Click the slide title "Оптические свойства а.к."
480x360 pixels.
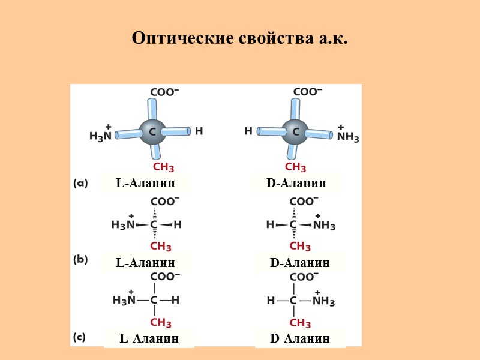pos(239,38)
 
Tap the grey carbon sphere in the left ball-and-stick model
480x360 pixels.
pos(152,131)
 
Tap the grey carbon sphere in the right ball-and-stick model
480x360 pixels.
pos(295,131)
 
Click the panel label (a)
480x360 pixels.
pos(80,184)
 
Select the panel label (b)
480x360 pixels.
pos(80,260)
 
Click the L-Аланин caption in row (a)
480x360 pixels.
pos(145,183)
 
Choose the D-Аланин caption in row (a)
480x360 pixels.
pos(296,183)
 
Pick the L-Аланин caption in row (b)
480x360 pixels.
pos(145,263)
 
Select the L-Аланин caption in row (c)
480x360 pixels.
pos(149,338)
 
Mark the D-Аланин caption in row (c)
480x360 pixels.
pos(300,338)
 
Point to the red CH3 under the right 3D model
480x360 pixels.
pos(295,167)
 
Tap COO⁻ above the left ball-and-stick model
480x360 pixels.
pos(164,92)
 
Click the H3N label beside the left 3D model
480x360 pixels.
pos(100,136)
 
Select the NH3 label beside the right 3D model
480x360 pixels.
pos(348,137)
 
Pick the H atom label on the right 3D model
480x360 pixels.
pos(248,130)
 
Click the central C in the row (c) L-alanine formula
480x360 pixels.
pos(154,300)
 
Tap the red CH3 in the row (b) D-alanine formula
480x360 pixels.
pos(300,247)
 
